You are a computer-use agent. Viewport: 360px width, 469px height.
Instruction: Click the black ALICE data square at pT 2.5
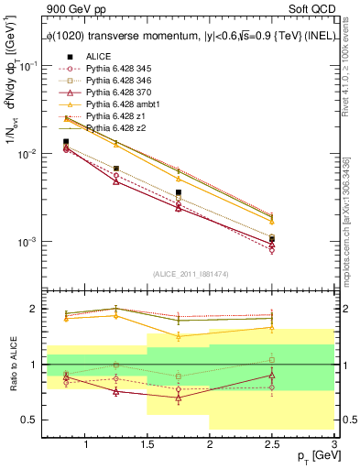pos(271,239)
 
